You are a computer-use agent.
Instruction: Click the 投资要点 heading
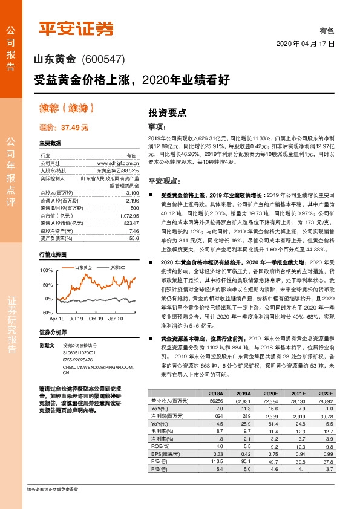click(x=167, y=112)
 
